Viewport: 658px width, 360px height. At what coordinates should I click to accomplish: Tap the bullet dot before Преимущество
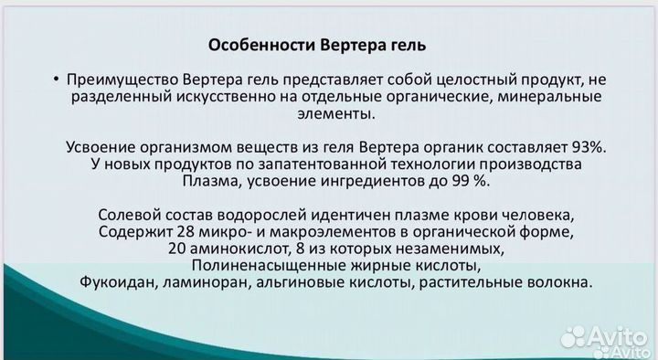tap(57, 79)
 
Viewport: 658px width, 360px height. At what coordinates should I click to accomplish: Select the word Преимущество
tap(116, 79)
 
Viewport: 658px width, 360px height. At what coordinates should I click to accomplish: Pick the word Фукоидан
tap(116, 283)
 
